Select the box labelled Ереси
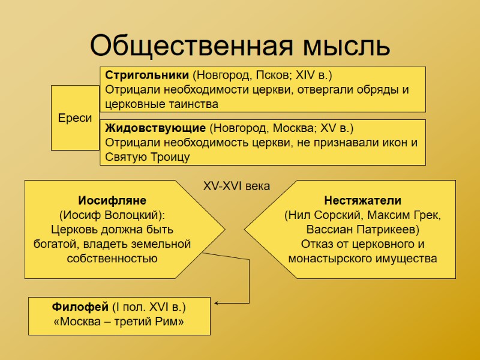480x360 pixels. (75, 118)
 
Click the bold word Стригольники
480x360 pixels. (148, 76)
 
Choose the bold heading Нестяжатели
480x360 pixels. (362, 200)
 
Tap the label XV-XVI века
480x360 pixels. (236, 186)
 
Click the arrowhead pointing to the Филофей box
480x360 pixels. (217, 303)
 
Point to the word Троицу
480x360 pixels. (169, 157)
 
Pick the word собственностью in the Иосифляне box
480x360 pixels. (112, 259)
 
